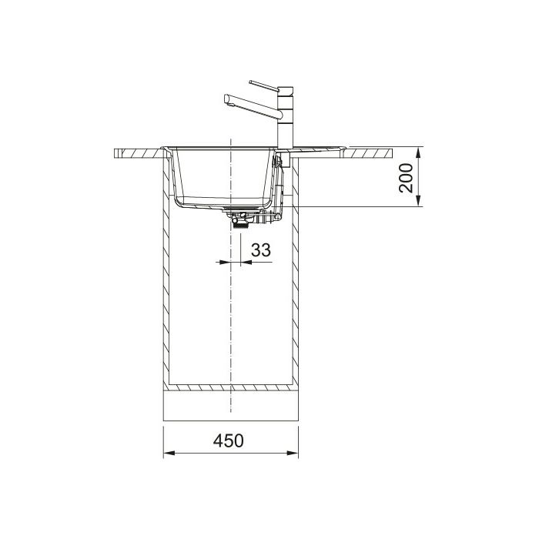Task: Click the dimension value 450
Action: (228, 440)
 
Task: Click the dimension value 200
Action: (406, 178)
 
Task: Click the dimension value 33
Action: (261, 250)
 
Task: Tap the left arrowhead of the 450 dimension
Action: (169, 453)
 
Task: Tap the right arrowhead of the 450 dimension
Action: (293, 453)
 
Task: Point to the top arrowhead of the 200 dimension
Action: (418, 153)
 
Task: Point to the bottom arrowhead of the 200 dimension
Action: (418, 201)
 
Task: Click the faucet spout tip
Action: (227, 99)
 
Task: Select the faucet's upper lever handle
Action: (264, 86)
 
